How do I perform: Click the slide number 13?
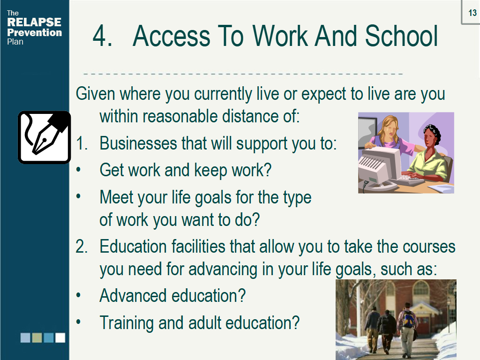click(472, 13)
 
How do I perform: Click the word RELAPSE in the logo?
click(34, 22)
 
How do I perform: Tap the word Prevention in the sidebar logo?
click(34, 32)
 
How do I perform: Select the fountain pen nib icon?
click(45, 137)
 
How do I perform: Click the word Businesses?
click(138, 143)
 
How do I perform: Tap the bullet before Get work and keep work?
click(78, 170)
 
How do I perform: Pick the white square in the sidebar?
click(60, 337)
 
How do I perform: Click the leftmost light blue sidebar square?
click(25, 337)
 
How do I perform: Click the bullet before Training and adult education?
click(78, 322)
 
